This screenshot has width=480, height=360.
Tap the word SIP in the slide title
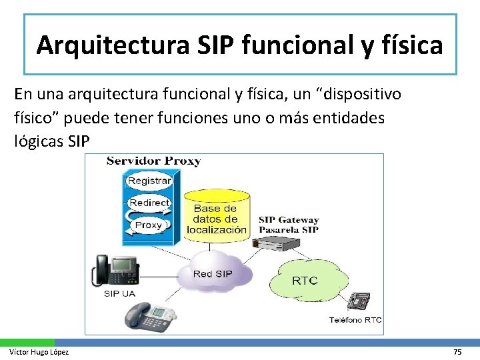217,45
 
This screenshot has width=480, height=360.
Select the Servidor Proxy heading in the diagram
153,161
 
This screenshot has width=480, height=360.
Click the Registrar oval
149,181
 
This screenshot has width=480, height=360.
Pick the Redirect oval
149,203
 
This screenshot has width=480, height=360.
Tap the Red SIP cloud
213,273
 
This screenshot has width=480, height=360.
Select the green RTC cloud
305,280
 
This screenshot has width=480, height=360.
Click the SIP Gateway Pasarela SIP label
289,225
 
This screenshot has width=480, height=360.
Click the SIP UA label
120,293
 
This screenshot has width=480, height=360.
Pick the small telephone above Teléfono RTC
358,303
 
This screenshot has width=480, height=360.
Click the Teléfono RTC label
355,320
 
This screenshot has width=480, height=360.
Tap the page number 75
457,351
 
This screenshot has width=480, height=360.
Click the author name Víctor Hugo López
38,351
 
